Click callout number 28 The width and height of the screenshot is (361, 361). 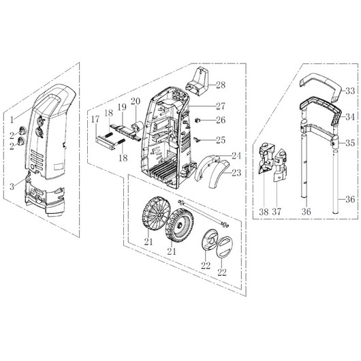click(x=221, y=85)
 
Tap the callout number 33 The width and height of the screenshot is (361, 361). click(x=350, y=91)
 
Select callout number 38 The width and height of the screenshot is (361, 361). click(x=264, y=212)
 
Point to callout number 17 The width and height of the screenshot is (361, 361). click(x=95, y=119)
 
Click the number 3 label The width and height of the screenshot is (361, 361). click(x=12, y=187)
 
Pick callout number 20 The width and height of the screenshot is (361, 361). click(x=136, y=101)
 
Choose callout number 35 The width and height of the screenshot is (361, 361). click(x=350, y=143)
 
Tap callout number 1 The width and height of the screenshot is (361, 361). click(x=12, y=120)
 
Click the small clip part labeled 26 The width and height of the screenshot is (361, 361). click(x=198, y=120)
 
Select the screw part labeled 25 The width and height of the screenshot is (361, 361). click(x=197, y=139)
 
